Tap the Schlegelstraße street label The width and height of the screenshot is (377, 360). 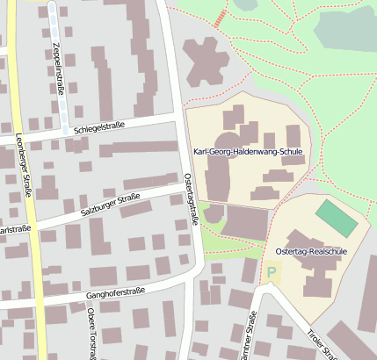(99, 126)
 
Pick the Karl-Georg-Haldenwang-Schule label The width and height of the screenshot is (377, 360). (246, 153)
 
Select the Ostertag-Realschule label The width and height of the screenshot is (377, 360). (311, 251)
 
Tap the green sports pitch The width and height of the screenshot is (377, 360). (337, 218)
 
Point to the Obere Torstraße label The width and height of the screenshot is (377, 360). (91, 338)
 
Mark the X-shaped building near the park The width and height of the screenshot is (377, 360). (207, 59)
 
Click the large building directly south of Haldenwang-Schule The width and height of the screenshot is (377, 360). (245, 222)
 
